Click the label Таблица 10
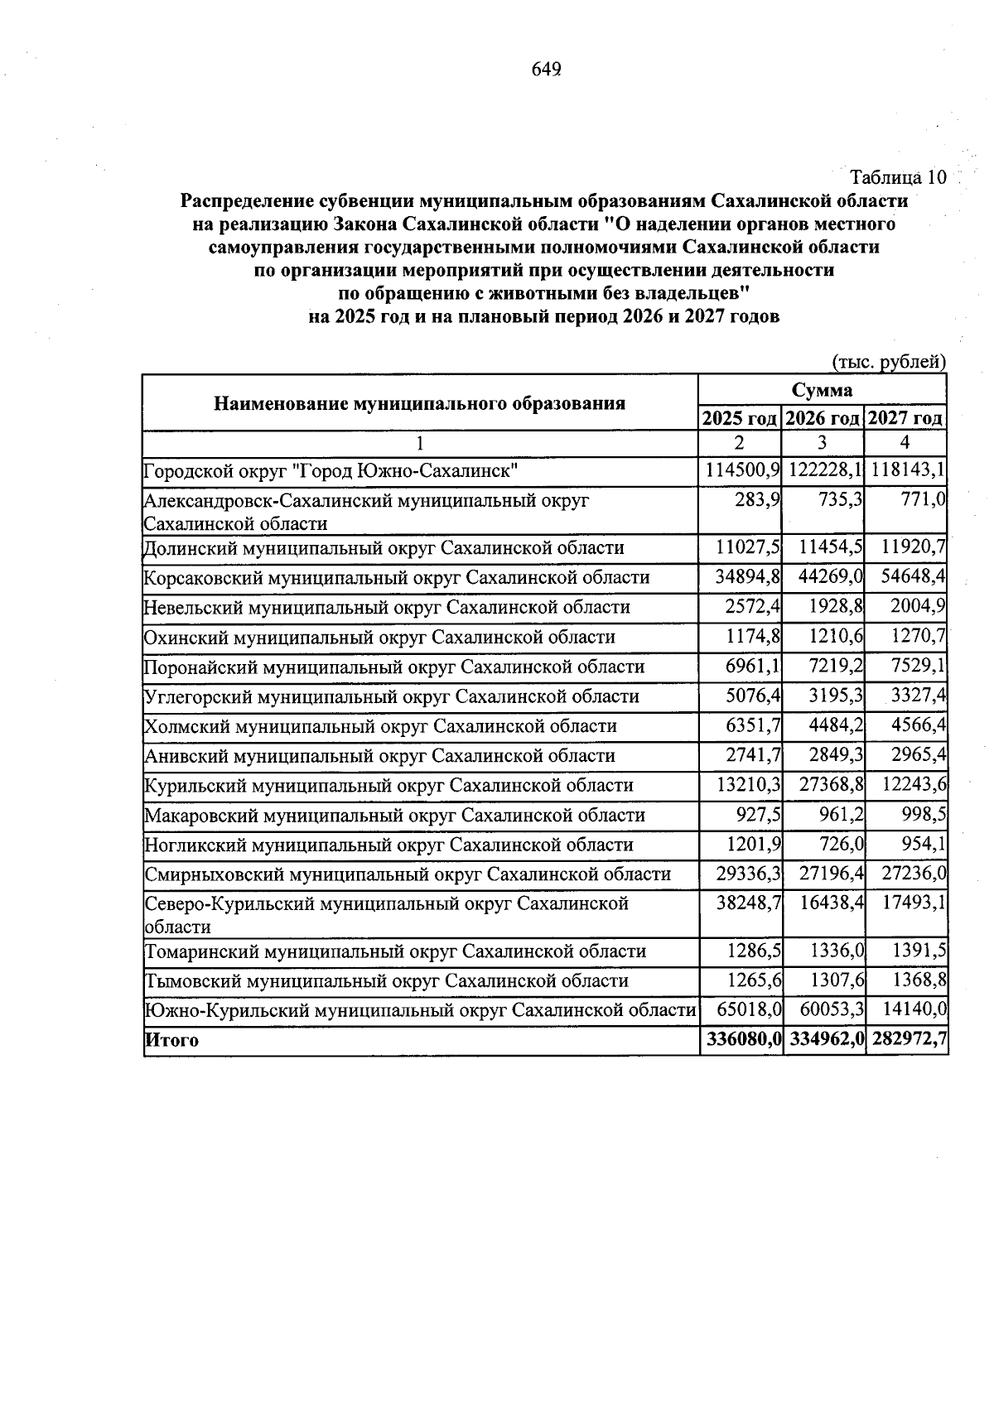898,177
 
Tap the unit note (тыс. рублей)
888,362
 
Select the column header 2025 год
740,418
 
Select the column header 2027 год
905,418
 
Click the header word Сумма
822,390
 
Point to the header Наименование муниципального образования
419,403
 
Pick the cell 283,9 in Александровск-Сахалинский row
758,501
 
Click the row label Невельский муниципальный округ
387,608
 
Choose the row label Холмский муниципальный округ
380,727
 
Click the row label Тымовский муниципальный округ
386,981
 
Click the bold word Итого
171,1041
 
